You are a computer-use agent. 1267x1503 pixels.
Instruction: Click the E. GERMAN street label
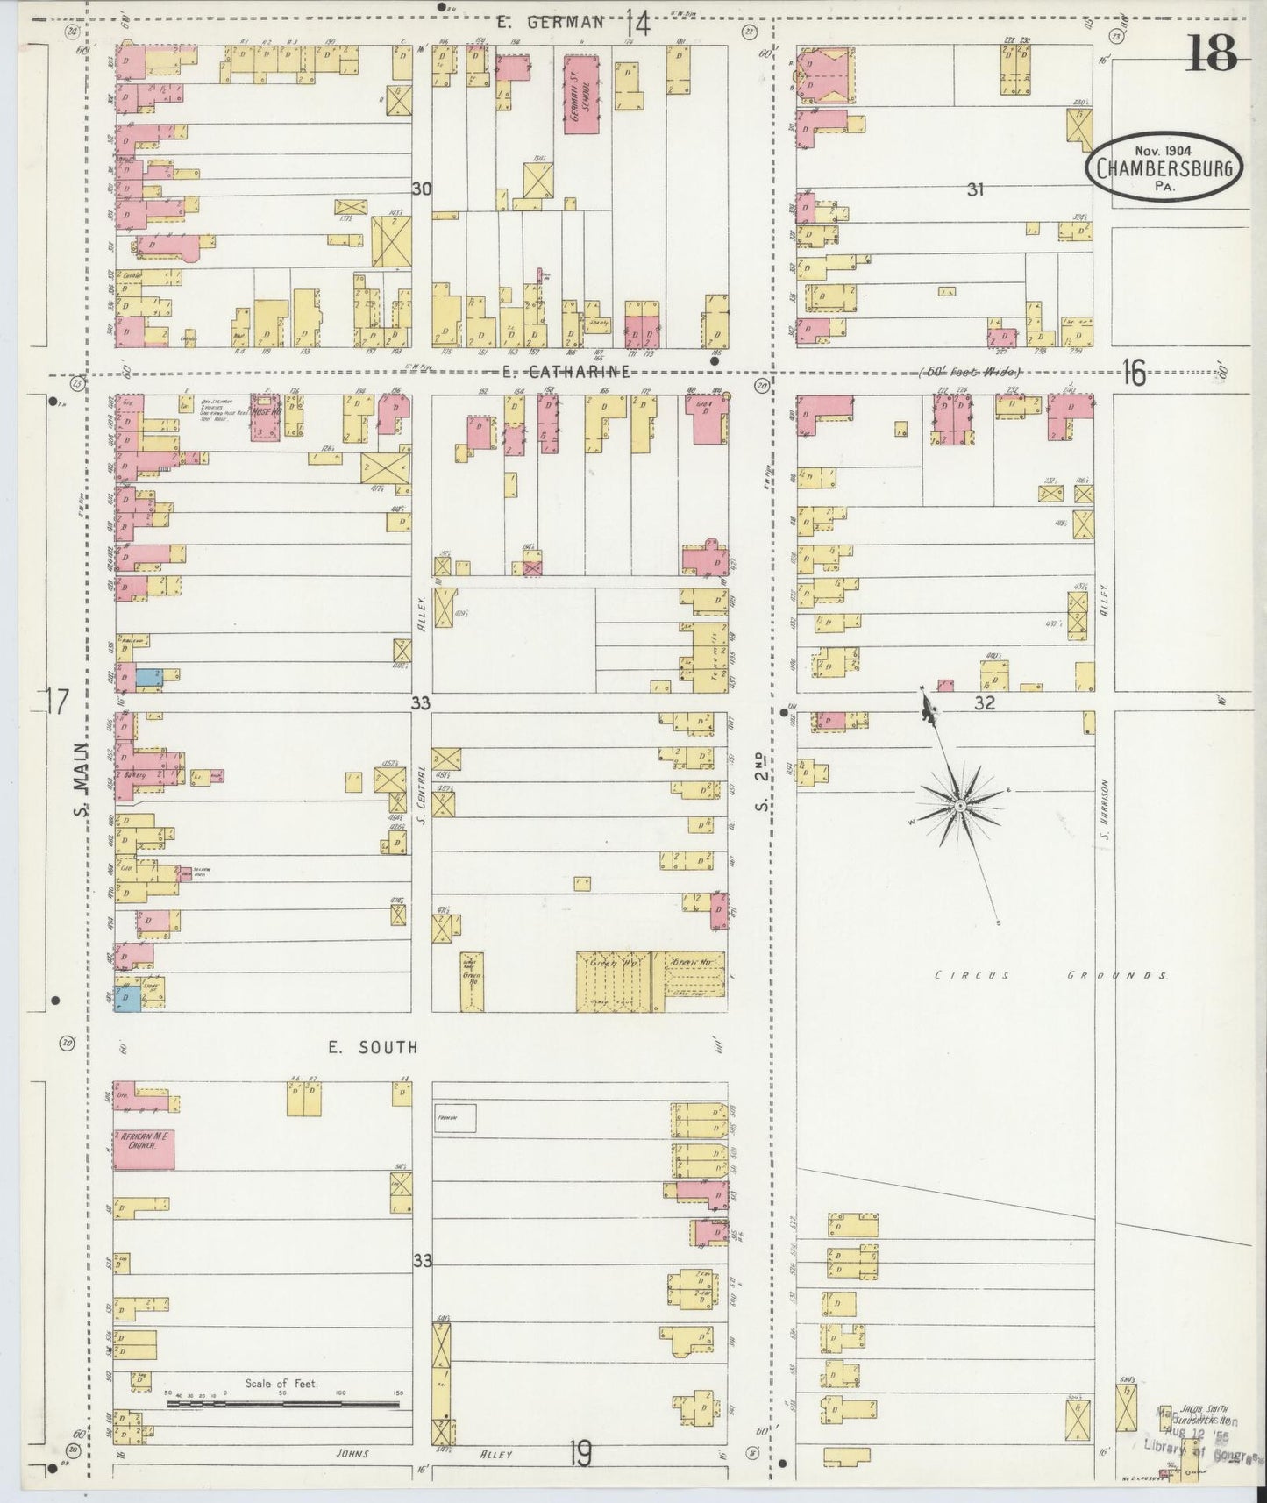[551, 23]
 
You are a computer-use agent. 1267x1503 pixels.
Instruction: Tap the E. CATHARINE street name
[566, 372]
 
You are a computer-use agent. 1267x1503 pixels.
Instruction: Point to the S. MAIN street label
[81, 780]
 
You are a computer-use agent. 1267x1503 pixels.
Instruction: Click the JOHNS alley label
[353, 1453]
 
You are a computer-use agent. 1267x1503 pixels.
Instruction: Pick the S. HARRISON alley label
[1107, 808]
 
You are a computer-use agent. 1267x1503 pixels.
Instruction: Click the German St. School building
[575, 94]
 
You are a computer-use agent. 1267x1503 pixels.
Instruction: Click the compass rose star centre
[961, 804]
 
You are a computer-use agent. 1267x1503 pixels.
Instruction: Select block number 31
[974, 189]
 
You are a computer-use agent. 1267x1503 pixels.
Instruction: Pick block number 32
[985, 702]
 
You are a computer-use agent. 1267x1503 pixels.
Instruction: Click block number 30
[422, 188]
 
